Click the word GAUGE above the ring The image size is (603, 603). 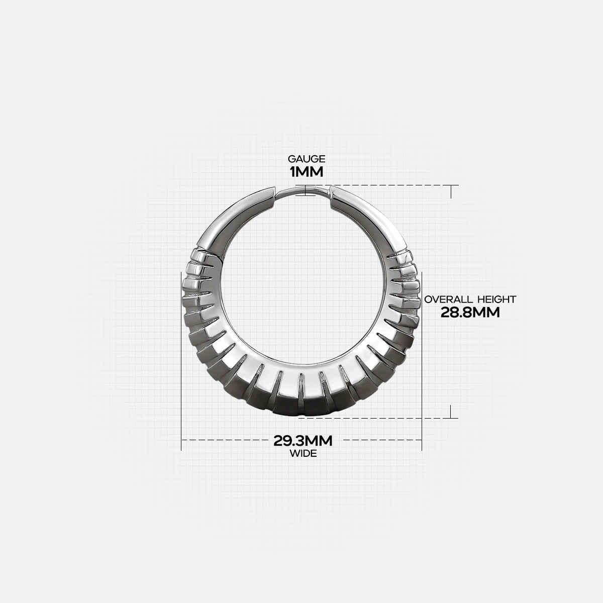307,159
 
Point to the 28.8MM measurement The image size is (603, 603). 470,313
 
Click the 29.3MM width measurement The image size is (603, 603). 303,441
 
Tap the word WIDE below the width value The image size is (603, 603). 303,453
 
